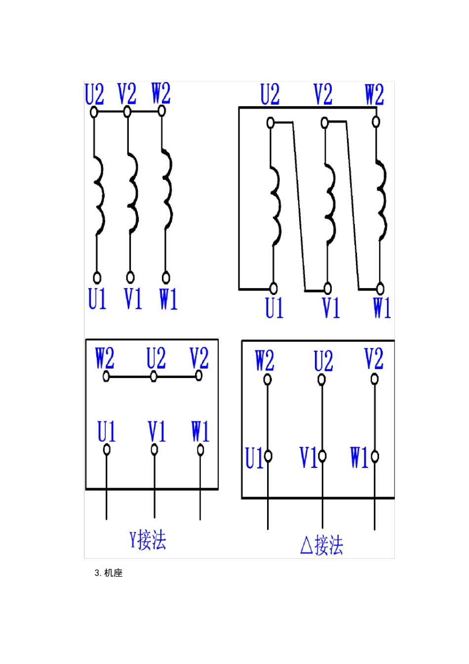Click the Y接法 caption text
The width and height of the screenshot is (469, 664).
pos(148,540)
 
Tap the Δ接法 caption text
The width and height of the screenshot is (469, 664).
pos(321,545)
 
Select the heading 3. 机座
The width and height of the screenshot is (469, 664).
pos(109,573)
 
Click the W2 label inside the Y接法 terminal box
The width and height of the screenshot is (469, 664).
pos(105,358)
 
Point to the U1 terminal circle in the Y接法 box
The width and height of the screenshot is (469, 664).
pos(107,450)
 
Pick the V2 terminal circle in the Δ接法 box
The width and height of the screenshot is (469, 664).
pos(375,379)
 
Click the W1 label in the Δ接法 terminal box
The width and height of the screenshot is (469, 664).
pos(359,457)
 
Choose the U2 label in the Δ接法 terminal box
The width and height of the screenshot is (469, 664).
pos(323,361)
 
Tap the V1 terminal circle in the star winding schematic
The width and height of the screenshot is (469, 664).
pos(130,278)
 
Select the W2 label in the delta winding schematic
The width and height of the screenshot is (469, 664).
pos(374,94)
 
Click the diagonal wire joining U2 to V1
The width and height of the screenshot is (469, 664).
pos(299,206)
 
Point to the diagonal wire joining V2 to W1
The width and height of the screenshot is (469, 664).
pos(352,205)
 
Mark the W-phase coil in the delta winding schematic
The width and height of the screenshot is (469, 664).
pos(381,201)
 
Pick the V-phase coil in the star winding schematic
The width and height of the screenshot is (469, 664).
pos(133,193)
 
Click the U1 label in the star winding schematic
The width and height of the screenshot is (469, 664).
pos(97,298)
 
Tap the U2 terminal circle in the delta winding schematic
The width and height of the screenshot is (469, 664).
pos(270,123)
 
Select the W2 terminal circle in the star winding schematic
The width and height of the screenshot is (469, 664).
pos(161,111)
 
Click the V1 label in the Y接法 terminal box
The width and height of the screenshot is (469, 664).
pos(156,431)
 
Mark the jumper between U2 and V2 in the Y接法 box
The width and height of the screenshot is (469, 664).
pos(176,376)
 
